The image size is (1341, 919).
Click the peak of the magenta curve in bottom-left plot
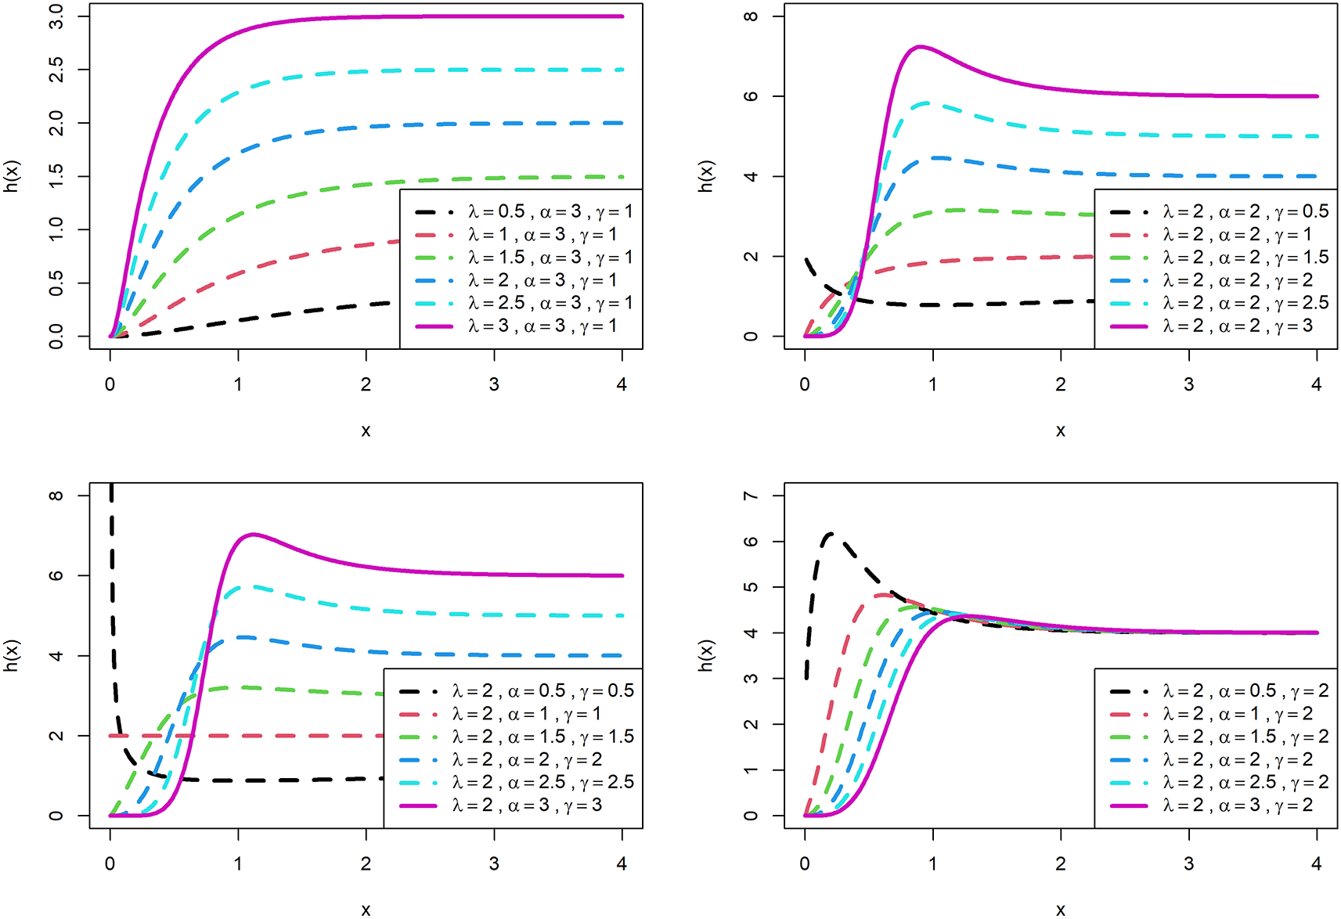pyautogui.click(x=253, y=535)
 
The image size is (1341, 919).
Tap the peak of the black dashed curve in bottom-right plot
pyautogui.click(x=831, y=534)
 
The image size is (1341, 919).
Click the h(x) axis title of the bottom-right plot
pyautogui.click(x=706, y=655)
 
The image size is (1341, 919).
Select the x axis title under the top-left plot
pyautogui.click(x=366, y=431)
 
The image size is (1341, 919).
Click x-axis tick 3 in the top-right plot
pyautogui.click(x=1188, y=384)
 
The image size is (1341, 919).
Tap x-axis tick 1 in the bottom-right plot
pyautogui.click(x=932, y=863)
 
